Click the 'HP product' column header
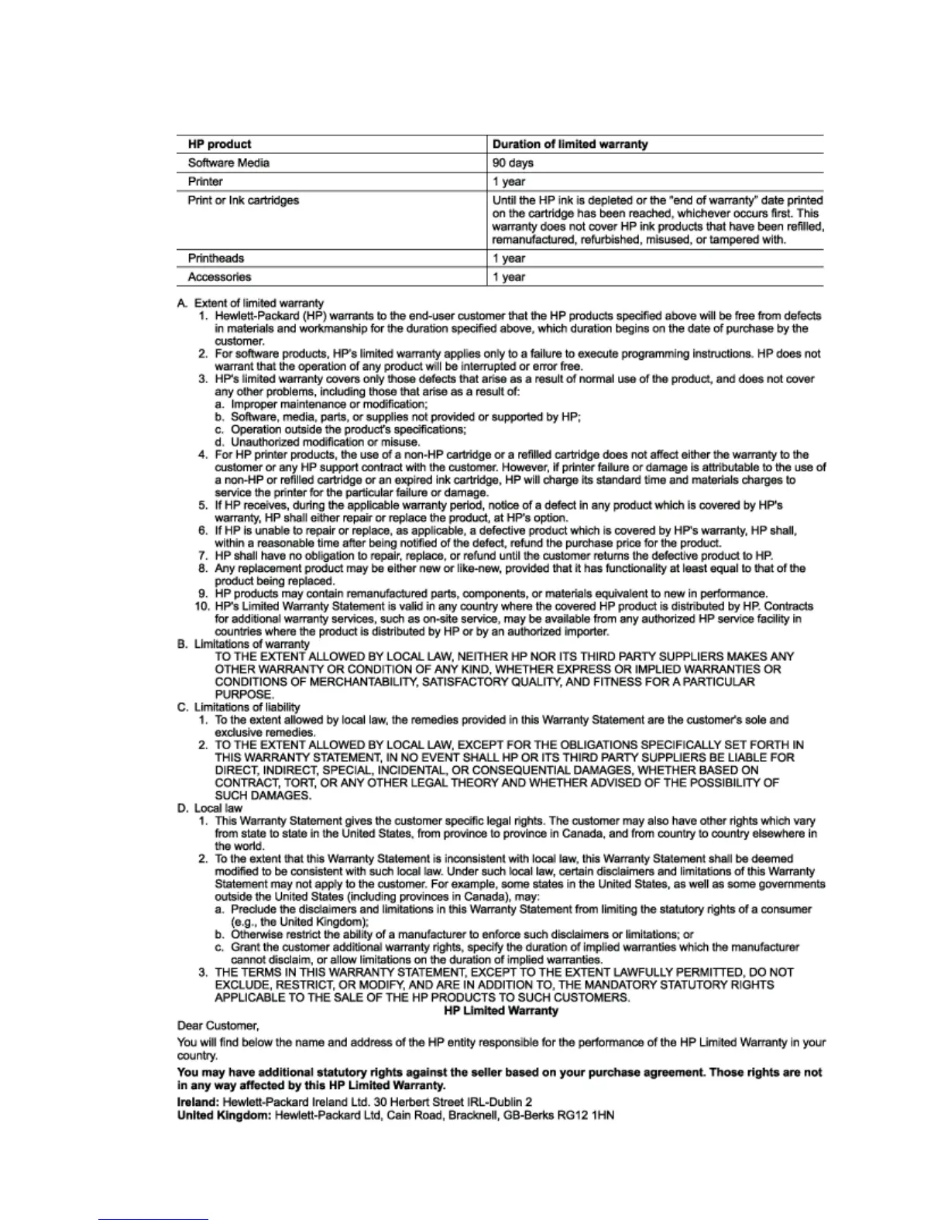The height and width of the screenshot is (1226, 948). [x=219, y=144]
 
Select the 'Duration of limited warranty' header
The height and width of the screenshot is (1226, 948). [x=570, y=144]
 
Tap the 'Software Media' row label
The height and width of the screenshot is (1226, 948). [x=228, y=163]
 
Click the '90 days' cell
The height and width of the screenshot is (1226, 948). [x=513, y=163]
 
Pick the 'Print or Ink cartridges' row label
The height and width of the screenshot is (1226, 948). [x=243, y=200]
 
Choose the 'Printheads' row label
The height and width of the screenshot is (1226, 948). [x=216, y=259]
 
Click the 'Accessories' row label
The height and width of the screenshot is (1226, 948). [x=219, y=277]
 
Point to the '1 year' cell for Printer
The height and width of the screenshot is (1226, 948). [x=509, y=182]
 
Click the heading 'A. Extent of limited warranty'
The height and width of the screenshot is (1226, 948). [x=251, y=303]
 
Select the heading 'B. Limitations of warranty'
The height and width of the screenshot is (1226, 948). [x=243, y=644]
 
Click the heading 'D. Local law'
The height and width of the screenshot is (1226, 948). [x=210, y=808]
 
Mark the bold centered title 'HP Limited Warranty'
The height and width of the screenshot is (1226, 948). [x=501, y=1011]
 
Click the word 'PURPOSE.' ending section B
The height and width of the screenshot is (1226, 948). [x=244, y=694]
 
